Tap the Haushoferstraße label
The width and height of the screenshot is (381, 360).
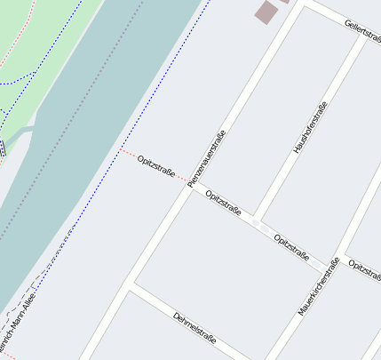tap(311, 128)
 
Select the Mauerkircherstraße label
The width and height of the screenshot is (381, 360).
tap(320, 286)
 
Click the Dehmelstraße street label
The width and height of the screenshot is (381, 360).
tap(195, 327)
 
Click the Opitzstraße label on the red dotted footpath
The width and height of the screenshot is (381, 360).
tap(155, 165)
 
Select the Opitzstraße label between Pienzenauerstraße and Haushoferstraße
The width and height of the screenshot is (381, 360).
tap(223, 204)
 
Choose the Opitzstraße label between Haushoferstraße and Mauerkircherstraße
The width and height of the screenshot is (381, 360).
tap(292, 247)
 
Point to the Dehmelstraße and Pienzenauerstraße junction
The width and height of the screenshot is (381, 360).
tap(133, 284)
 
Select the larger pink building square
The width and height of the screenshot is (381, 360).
tap(266, 12)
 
